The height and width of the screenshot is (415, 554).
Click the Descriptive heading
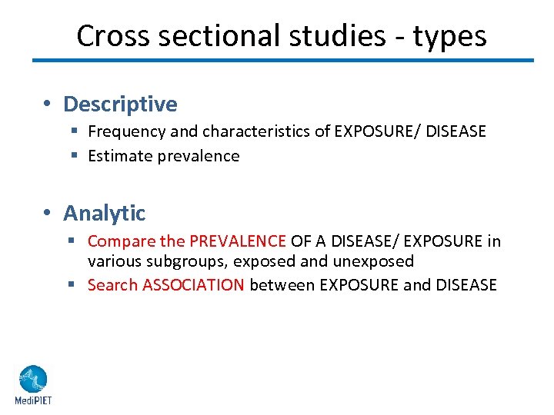pyautogui.click(x=120, y=104)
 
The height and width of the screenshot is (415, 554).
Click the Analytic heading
pyautogui.click(x=104, y=212)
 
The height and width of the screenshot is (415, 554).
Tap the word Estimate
pyautogui.click(x=120, y=156)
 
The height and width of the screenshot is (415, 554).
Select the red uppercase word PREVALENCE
pyautogui.click(x=238, y=241)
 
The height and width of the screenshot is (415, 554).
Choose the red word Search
pyautogui.click(x=113, y=285)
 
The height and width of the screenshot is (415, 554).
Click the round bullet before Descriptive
pyautogui.click(x=48, y=105)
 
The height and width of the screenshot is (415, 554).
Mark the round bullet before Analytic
pyautogui.click(x=48, y=213)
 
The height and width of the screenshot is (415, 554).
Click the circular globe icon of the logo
pyautogui.click(x=32, y=379)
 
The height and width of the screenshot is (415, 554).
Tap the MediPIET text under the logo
pyautogui.click(x=32, y=400)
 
